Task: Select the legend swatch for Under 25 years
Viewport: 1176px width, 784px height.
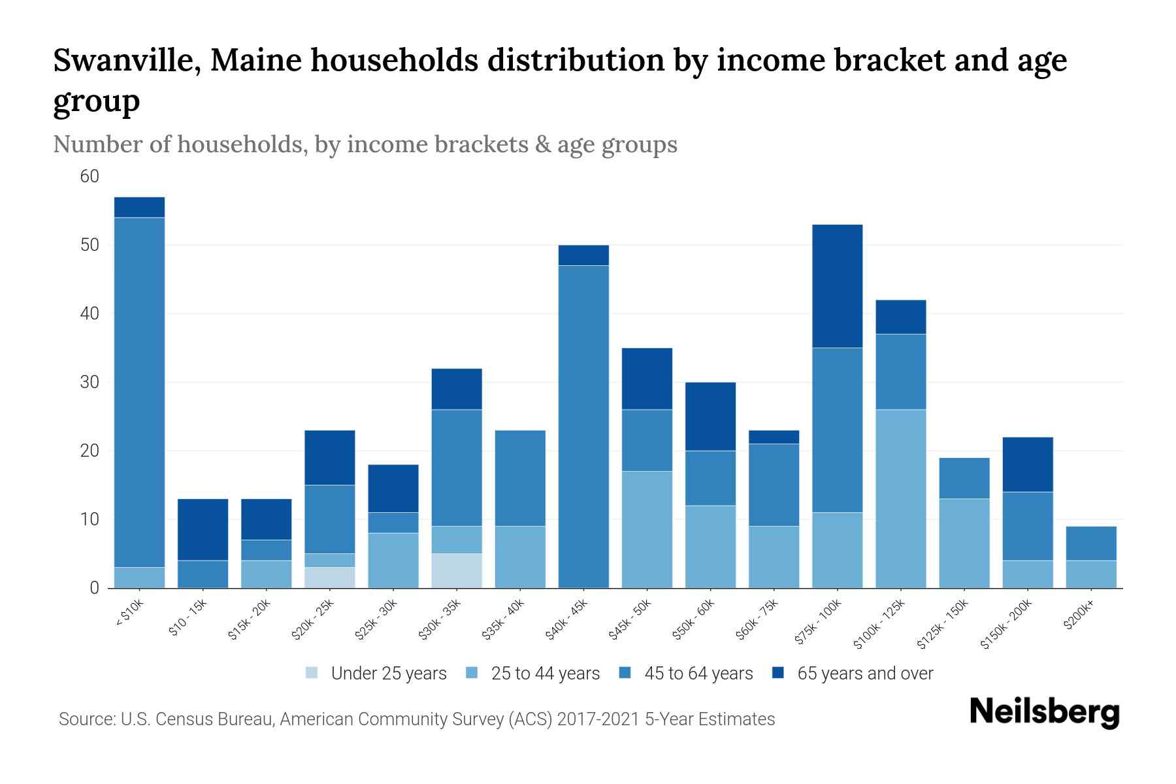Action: coord(312,673)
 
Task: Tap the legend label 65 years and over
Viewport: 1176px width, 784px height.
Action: coord(865,673)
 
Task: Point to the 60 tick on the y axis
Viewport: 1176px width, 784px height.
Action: coord(90,176)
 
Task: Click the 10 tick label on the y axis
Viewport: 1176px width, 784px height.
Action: coord(90,519)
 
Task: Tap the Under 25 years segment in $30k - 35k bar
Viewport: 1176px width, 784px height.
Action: coord(457,570)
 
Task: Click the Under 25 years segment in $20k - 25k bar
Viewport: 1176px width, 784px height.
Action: coord(330,578)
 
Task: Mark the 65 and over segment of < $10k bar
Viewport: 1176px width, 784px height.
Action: coord(139,207)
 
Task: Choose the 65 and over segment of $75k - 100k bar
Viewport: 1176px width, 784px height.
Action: coord(837,286)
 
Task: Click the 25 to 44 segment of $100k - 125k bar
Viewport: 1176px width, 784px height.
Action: coord(900,498)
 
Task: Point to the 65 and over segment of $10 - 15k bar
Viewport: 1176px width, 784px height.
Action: coord(203,530)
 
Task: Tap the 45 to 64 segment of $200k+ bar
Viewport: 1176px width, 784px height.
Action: coord(1091,544)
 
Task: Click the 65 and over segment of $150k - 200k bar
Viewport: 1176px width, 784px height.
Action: coord(1028,465)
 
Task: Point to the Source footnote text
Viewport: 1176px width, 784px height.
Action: coord(416,719)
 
